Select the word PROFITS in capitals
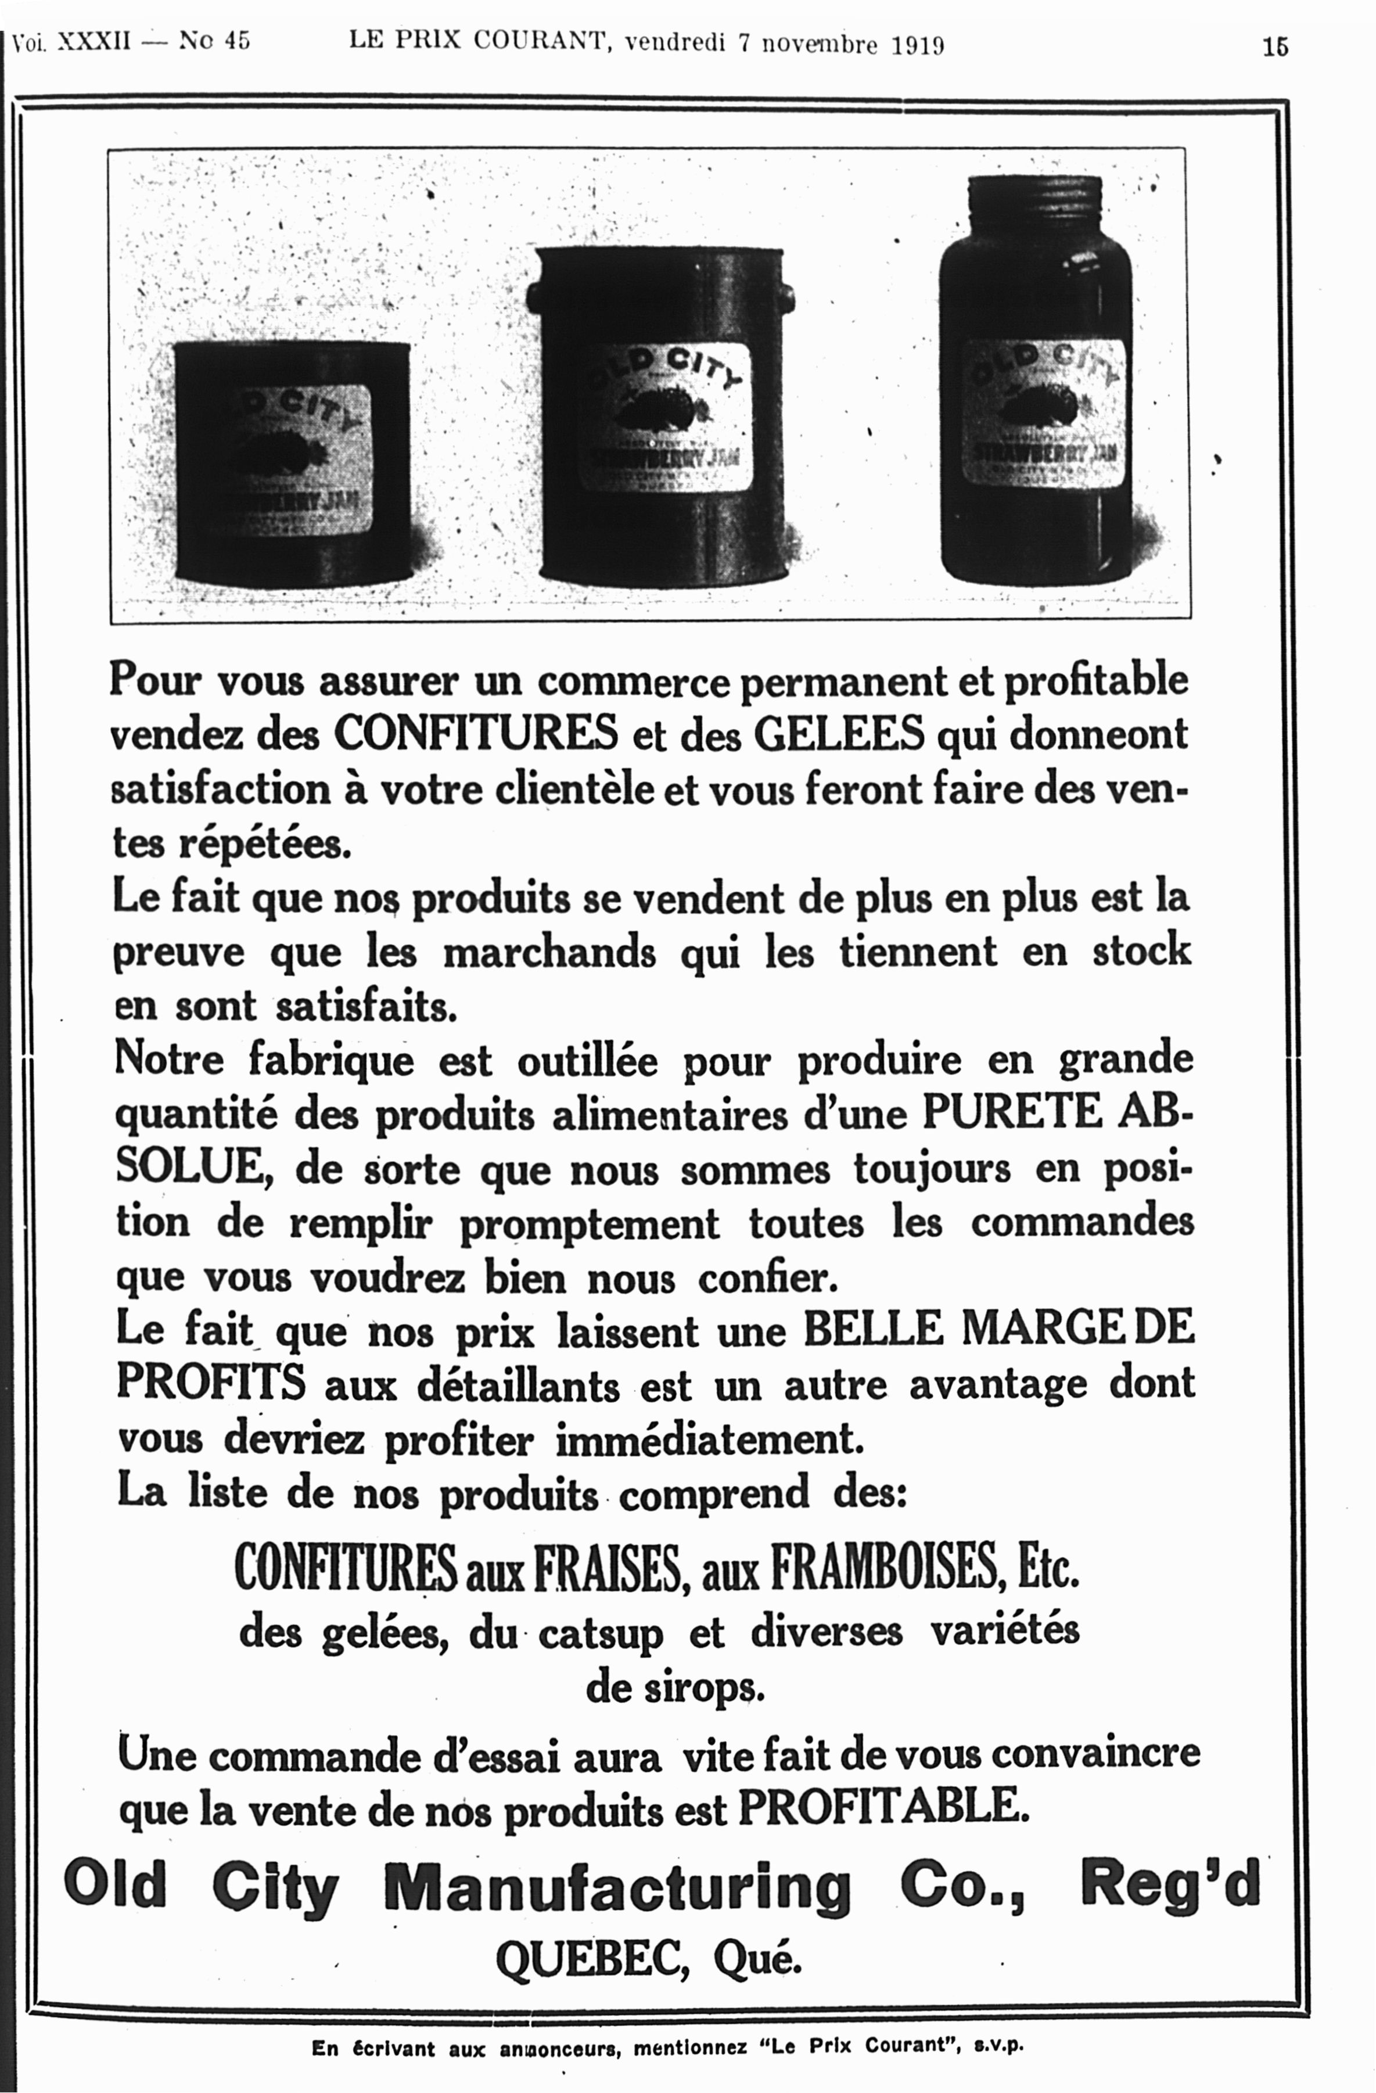point(211,1383)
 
